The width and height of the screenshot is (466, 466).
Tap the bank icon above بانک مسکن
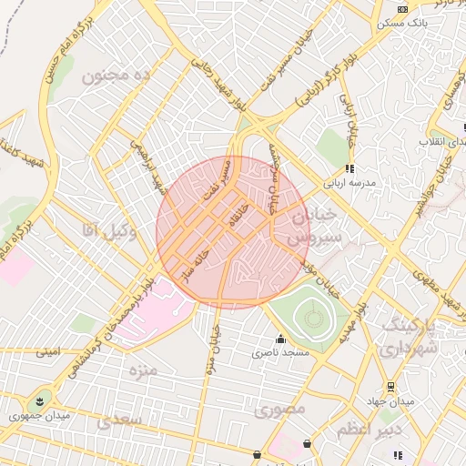[401, 8]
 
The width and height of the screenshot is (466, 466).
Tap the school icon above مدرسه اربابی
[349, 169]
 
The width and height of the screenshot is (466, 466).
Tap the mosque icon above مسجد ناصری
[279, 339]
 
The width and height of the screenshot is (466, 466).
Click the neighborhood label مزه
[143, 370]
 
